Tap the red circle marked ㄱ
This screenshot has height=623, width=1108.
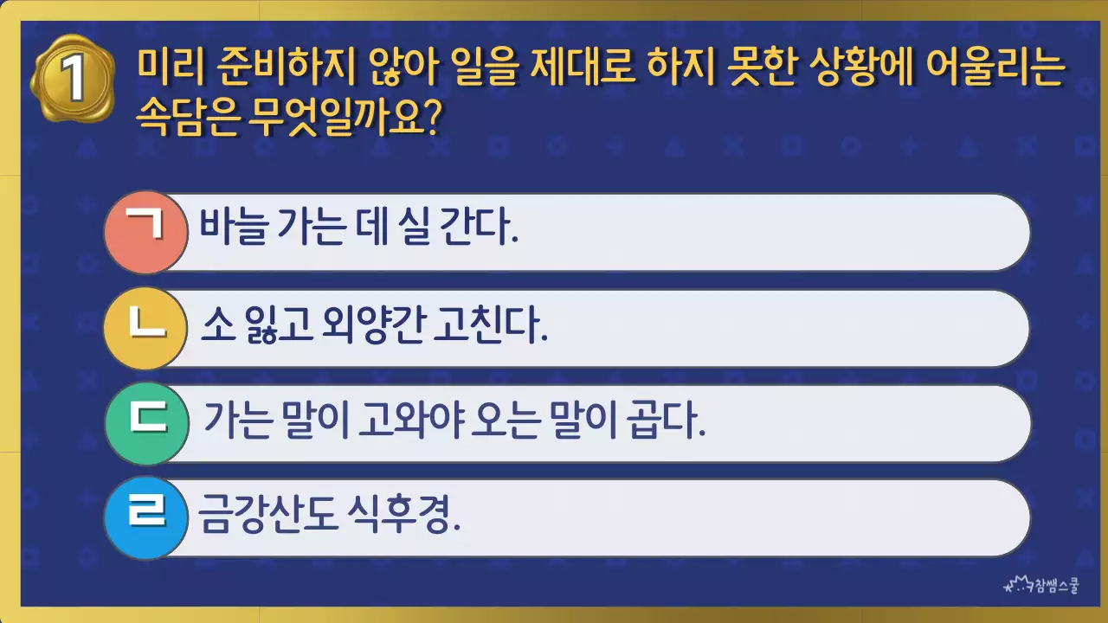click(145, 232)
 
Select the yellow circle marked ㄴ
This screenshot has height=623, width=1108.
click(145, 328)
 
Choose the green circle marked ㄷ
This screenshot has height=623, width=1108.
click(145, 423)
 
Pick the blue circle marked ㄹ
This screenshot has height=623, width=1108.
click(145, 517)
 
